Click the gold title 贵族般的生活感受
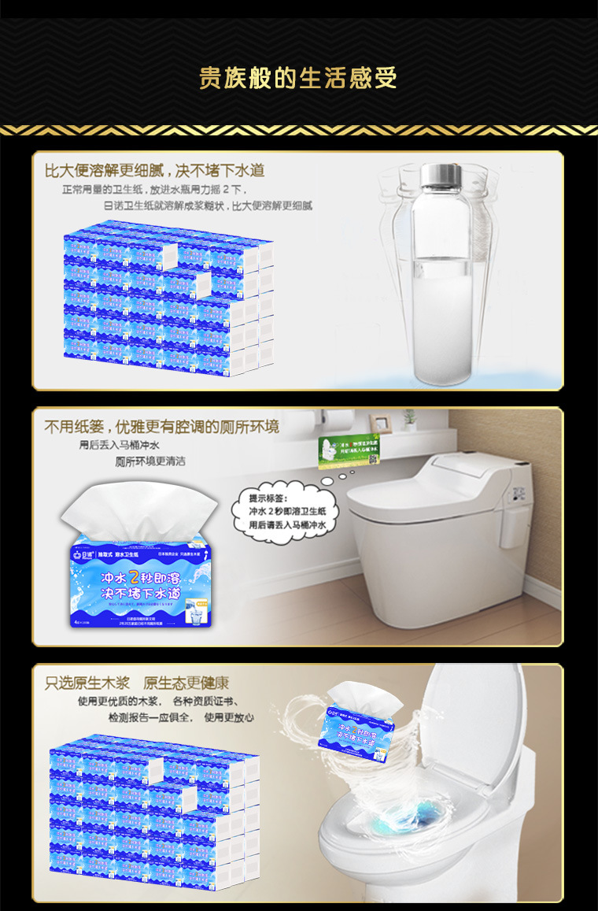coord(298,78)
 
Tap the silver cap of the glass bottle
coord(445,173)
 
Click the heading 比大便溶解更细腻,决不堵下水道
coord(154,170)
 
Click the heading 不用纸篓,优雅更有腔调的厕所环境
coord(161,427)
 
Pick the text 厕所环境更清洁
coord(150,461)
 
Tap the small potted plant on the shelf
coord(409,419)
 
